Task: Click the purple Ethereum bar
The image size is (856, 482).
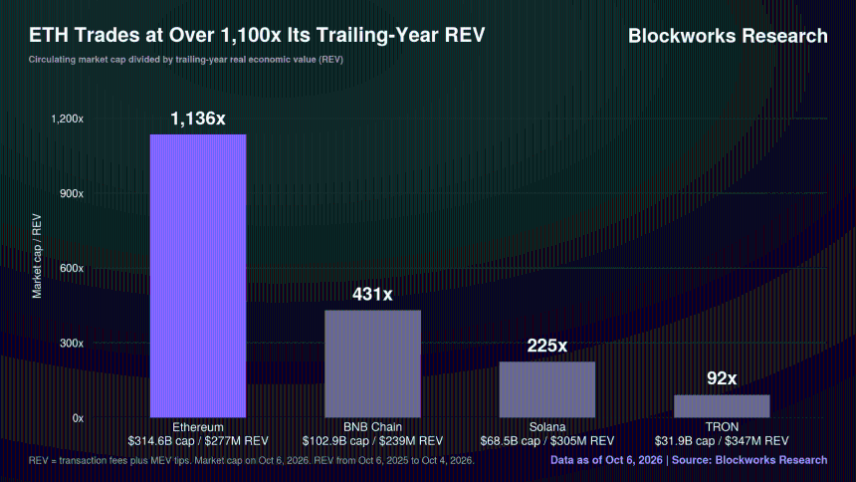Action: coord(198,276)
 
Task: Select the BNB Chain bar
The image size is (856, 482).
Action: coord(373,363)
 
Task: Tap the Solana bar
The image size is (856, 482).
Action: coord(547,389)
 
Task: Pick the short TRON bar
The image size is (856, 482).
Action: coord(722,406)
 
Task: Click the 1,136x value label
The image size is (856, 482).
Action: coord(198,119)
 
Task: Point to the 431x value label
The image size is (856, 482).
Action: coord(372,295)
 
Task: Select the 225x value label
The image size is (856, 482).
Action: coord(547,346)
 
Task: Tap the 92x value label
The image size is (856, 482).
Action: coord(722,378)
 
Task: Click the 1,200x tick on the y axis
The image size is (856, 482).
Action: coord(67,120)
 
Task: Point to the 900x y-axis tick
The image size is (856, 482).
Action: coord(72,194)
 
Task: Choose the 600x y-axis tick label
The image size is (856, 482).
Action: coord(72,268)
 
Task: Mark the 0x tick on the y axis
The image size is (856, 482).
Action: coord(78,418)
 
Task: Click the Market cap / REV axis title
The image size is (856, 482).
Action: coord(37,256)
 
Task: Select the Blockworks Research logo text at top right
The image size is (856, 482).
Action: coord(728,36)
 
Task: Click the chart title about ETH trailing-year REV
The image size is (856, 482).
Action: coord(257,35)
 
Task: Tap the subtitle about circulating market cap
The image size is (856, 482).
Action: coord(185,60)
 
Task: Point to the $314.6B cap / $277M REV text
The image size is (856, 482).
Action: coord(198,441)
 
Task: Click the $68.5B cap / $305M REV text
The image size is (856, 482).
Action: coord(547,441)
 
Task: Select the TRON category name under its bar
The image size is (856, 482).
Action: coord(722,427)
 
